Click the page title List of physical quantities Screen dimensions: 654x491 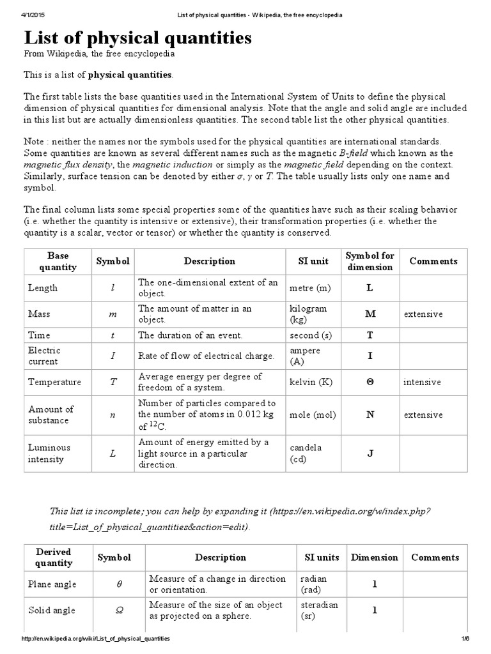pyautogui.click(x=137, y=38)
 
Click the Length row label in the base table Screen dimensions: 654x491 pyautogui.click(x=43, y=288)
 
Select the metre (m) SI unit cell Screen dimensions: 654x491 pyautogui.click(x=310, y=288)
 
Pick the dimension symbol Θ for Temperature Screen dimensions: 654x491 pyautogui.click(x=370, y=382)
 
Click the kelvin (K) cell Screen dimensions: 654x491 pyautogui.click(x=310, y=382)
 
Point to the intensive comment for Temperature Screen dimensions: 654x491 pyautogui.click(x=422, y=382)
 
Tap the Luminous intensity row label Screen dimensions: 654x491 pyautogui.click(x=49, y=453)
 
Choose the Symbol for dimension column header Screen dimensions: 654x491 pyautogui.click(x=370, y=261)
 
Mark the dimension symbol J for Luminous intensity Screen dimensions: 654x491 pyautogui.click(x=370, y=453)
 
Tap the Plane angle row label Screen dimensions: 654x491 pyautogui.click(x=52, y=584)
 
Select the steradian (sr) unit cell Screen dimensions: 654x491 pyautogui.click(x=320, y=610)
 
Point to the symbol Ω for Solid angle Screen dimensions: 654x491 pyautogui.click(x=118, y=611)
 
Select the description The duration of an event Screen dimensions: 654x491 pyautogui.click(x=190, y=335)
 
